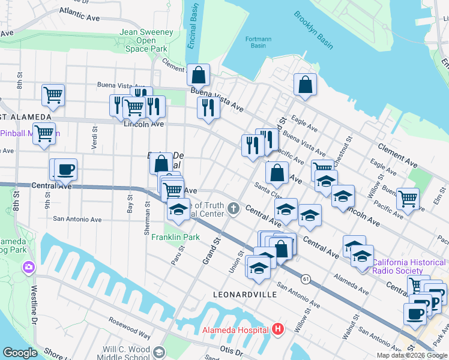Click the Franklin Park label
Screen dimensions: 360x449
[175, 237]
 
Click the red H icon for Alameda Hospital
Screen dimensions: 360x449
[277, 329]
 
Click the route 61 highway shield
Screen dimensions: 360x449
[306, 278]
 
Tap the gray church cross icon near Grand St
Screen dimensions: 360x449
[234, 209]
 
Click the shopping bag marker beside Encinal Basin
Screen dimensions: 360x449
[198, 76]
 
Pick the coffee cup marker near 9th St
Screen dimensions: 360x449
[65, 170]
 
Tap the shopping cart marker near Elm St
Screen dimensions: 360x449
[408, 199]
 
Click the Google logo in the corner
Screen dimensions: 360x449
[20, 352]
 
